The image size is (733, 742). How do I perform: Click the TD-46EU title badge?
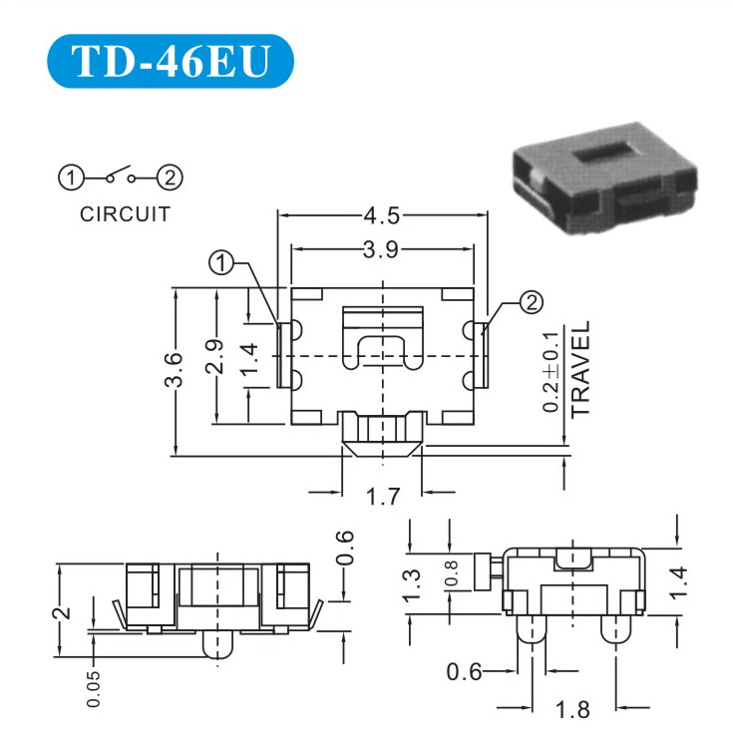pos(171,61)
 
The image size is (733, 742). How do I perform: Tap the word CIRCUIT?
pos(125,214)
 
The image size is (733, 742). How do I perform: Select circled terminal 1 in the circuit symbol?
pos(71,178)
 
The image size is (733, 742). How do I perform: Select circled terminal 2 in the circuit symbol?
pos(170,178)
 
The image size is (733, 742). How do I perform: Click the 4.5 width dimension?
pos(382,215)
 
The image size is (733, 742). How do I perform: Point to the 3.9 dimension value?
pos(381,250)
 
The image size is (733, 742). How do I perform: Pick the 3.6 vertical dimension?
pos(174,370)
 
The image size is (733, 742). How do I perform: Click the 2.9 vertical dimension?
pos(214,356)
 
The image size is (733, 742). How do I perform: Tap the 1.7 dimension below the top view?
pos(383,497)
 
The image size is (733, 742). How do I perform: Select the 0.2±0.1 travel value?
pos(550,372)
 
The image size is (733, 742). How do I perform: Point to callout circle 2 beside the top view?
pos(532,302)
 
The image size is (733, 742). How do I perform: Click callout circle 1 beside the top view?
pos(221,263)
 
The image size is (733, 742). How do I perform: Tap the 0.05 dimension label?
pos(94,688)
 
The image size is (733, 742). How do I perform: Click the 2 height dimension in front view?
pos(63,612)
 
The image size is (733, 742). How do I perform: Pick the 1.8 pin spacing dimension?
pos(572,710)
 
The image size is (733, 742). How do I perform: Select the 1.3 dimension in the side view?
pos(412,584)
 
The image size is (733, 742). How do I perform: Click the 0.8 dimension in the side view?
pos(452,572)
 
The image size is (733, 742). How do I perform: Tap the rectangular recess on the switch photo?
pos(608,154)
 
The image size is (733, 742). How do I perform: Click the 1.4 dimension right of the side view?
pos(678,583)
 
